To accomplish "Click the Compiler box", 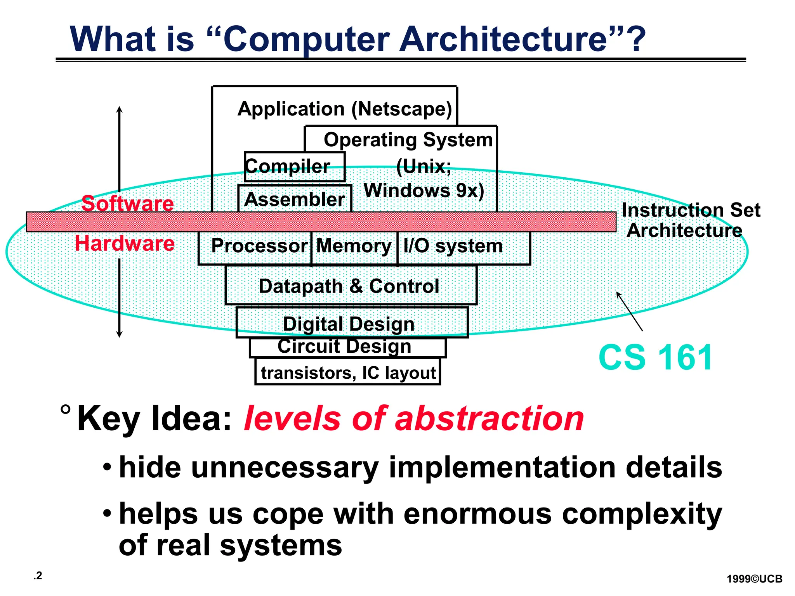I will [x=294, y=167].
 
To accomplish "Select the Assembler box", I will [x=294, y=199].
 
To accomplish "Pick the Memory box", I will [x=354, y=247].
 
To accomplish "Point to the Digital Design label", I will [x=349, y=324].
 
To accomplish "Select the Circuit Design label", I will [x=345, y=347].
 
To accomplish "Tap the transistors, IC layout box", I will [x=348, y=372].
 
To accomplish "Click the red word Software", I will [x=128, y=203].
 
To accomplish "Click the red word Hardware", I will [x=125, y=243].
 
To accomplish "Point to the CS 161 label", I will [x=655, y=357].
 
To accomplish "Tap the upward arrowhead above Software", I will [x=120, y=109].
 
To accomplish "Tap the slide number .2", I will [x=38, y=576].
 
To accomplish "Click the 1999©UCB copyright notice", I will [x=754, y=579].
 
